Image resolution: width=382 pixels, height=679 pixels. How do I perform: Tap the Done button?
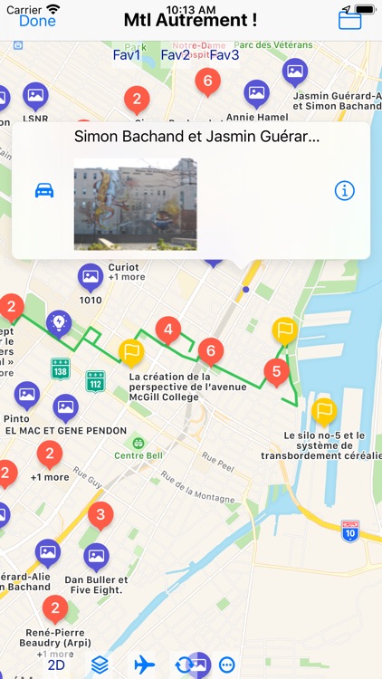click(37, 20)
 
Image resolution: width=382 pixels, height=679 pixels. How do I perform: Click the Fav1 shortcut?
click(127, 55)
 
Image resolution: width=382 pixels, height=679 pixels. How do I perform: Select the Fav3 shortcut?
click(224, 55)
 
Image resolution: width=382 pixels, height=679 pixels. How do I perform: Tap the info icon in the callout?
click(345, 191)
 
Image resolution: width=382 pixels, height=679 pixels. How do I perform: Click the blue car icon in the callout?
click(44, 191)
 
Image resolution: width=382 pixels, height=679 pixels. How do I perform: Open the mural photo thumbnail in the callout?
click(135, 204)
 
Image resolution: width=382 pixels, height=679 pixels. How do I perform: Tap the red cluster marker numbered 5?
click(276, 370)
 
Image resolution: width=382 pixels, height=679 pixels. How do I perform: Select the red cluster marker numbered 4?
click(167, 330)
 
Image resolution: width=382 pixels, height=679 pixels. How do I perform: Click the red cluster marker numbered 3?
click(100, 516)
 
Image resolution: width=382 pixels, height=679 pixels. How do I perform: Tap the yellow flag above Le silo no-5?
click(324, 411)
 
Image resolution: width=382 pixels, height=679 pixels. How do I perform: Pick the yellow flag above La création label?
click(132, 351)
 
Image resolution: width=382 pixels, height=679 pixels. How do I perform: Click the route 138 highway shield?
click(61, 369)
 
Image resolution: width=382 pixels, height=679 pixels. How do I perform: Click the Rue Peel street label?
click(218, 459)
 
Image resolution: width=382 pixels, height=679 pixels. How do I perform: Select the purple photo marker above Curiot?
click(91, 276)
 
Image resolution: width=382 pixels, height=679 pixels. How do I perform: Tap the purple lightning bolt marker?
click(59, 322)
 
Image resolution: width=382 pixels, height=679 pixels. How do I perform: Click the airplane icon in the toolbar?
click(144, 664)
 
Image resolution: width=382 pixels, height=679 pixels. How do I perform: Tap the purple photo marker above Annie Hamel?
click(257, 92)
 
